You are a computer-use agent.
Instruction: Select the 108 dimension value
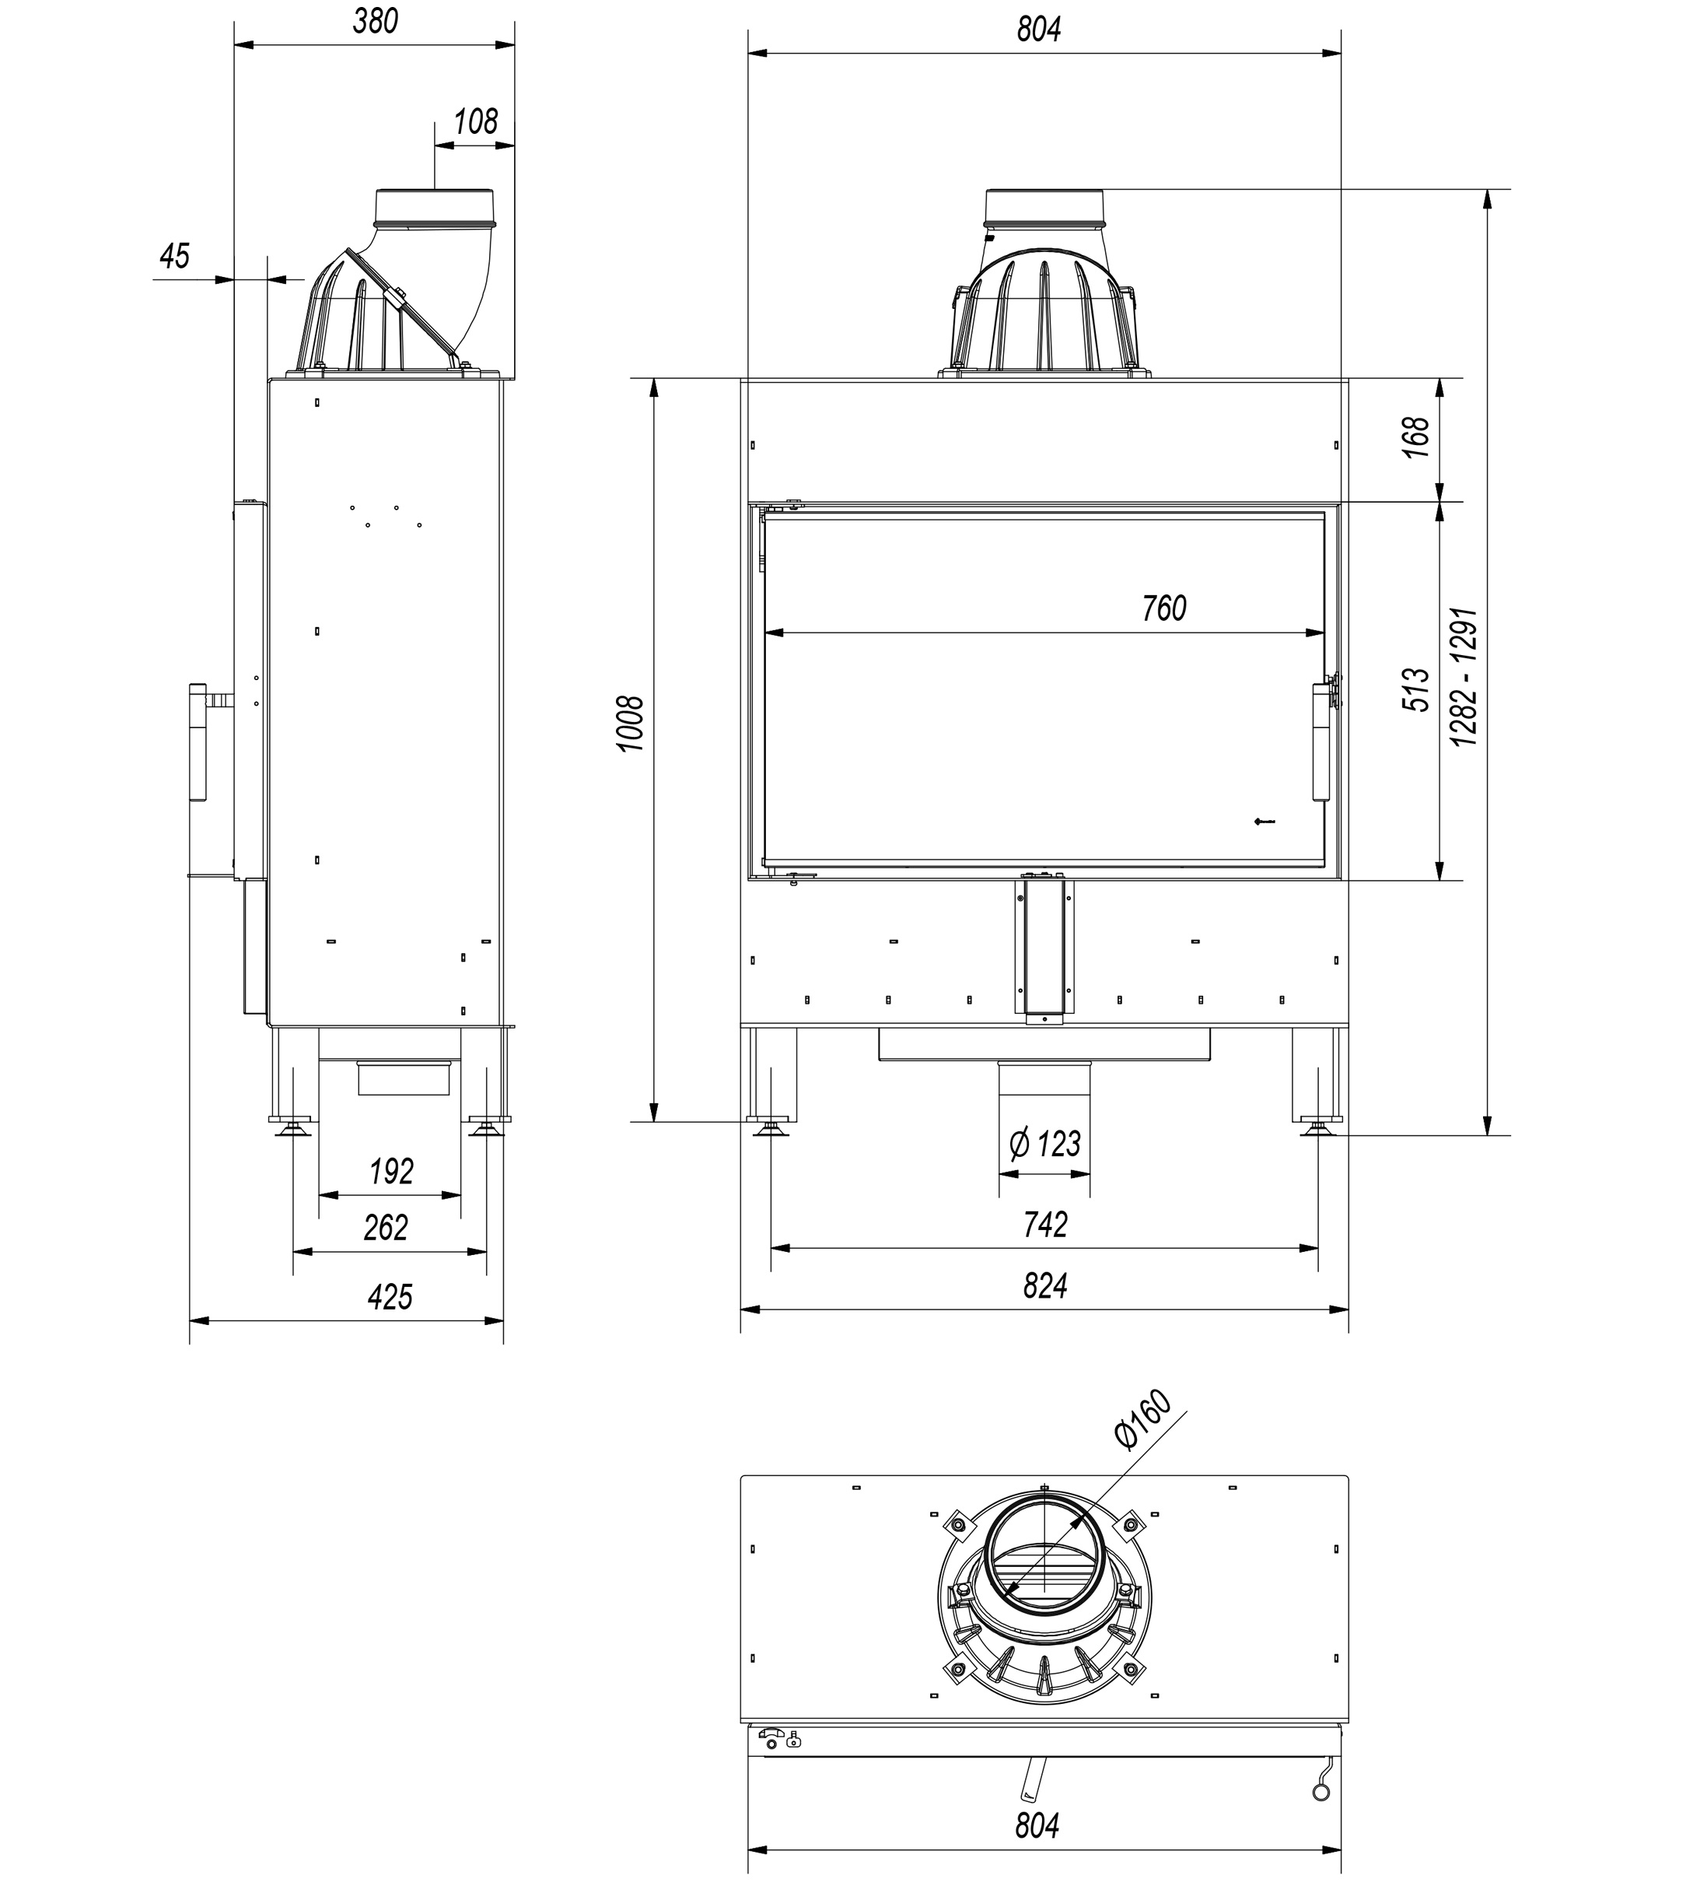(x=475, y=122)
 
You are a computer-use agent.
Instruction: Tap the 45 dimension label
(x=174, y=256)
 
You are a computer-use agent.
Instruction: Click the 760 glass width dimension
(x=1163, y=608)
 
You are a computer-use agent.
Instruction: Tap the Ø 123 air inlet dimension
(x=1044, y=1144)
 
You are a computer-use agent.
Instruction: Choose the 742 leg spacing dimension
(x=1044, y=1225)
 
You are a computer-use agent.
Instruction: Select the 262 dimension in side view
(x=386, y=1229)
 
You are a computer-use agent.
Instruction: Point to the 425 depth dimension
(x=389, y=1297)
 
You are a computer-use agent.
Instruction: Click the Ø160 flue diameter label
(x=1142, y=1420)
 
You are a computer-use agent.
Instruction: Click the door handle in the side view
(x=198, y=741)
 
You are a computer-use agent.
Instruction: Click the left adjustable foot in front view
(x=770, y=1130)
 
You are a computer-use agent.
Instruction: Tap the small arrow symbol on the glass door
(x=1265, y=821)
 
